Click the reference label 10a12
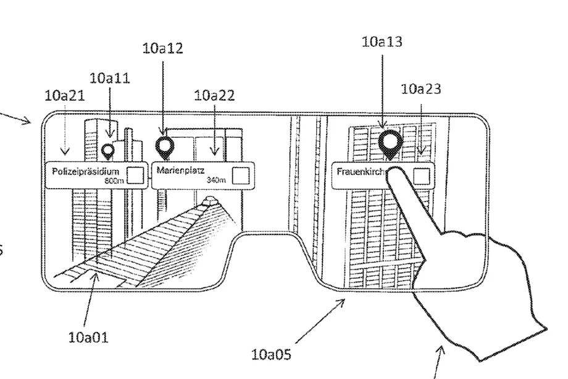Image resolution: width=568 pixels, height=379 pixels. pyautogui.click(x=162, y=48)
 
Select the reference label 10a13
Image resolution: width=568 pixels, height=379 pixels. pyautogui.click(x=382, y=42)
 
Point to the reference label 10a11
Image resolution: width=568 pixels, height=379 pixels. pyautogui.click(x=110, y=78)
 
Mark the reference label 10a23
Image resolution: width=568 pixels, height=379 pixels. pyautogui.click(x=421, y=89)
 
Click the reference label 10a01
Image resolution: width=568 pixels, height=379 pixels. pyautogui.click(x=89, y=338)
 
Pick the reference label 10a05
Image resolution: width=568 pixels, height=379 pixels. pyautogui.click(x=272, y=355)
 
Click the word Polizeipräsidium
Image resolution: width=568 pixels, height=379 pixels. pyautogui.click(x=86, y=170)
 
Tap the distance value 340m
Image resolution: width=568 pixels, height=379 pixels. pyautogui.click(x=216, y=180)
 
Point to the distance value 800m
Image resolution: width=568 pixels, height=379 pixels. pyautogui.click(x=115, y=181)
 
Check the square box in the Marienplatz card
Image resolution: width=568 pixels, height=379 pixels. pyautogui.click(x=241, y=175)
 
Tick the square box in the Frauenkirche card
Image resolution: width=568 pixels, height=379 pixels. pyautogui.click(x=422, y=176)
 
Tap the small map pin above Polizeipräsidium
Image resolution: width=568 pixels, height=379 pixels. pyautogui.click(x=108, y=150)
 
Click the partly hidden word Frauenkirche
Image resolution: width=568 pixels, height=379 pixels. pyautogui.click(x=362, y=170)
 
